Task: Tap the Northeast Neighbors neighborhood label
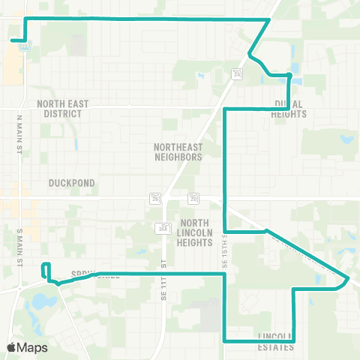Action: [178, 152]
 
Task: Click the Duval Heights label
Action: [290, 109]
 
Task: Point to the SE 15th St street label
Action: [223, 256]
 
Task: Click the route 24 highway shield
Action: [238, 74]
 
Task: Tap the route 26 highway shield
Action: [156, 199]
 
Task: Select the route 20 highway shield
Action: [193, 199]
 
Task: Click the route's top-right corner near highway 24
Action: [269, 19]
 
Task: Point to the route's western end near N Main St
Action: [13, 40]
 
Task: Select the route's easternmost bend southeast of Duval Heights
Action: [348, 279]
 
